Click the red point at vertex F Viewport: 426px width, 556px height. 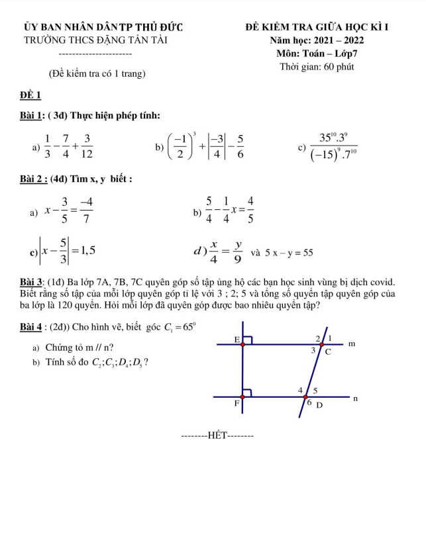242,397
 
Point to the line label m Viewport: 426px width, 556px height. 352,344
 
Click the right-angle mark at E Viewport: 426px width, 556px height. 248,340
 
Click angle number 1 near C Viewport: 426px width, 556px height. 331,338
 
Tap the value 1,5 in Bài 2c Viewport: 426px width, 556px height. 84,250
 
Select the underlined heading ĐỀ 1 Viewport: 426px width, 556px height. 30,95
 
